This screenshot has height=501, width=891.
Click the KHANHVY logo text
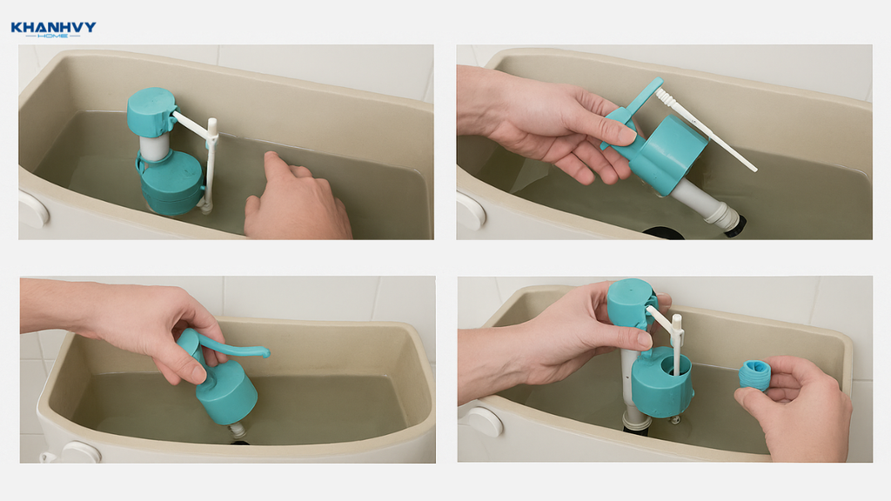click(53, 27)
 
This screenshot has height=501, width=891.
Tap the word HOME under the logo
click(53, 36)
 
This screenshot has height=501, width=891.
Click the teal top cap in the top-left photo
click(151, 111)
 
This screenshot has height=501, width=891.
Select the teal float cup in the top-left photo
click(171, 183)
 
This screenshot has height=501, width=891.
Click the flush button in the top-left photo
click(32, 209)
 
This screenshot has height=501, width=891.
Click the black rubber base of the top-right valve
click(735, 225)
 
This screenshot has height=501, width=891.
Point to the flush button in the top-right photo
click(471, 210)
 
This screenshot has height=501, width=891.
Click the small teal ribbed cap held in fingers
click(755, 375)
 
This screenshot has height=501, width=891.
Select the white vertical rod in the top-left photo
click(211, 164)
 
